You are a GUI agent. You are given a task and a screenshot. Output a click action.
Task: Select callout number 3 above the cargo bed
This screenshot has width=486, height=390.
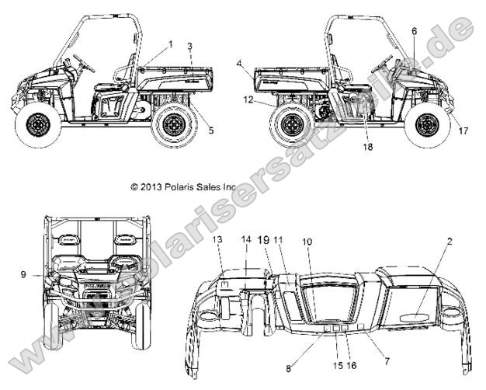190,47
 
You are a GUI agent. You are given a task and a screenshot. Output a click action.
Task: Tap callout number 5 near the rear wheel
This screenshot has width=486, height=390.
211,131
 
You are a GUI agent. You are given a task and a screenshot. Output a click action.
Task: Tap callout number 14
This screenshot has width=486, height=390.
248,241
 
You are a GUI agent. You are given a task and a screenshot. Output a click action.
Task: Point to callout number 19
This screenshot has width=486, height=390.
264,241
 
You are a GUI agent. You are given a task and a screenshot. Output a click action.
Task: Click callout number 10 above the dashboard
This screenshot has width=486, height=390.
308,242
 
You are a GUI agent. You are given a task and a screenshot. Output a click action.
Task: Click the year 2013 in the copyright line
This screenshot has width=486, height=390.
151,187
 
